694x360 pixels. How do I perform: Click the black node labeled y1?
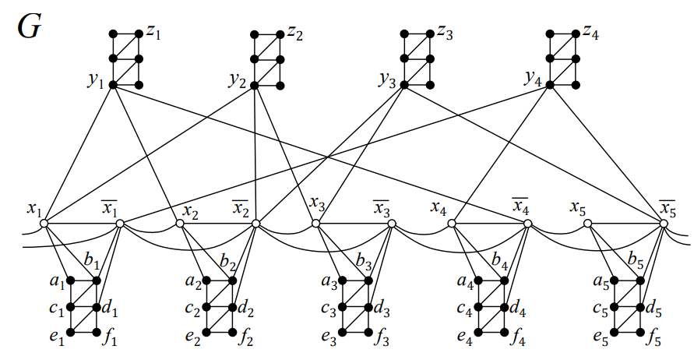(113, 84)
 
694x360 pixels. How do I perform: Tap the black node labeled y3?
(404, 84)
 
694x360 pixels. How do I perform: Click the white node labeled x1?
(44, 224)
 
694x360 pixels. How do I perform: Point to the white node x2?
(180, 224)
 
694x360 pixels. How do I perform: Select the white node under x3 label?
(315, 224)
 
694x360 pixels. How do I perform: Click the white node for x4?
(452, 224)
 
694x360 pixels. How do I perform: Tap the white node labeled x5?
(588, 224)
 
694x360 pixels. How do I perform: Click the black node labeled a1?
(71, 281)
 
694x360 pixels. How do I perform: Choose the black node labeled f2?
(232, 333)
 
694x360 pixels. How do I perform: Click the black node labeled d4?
(504, 306)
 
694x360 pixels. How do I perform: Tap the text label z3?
(445, 33)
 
